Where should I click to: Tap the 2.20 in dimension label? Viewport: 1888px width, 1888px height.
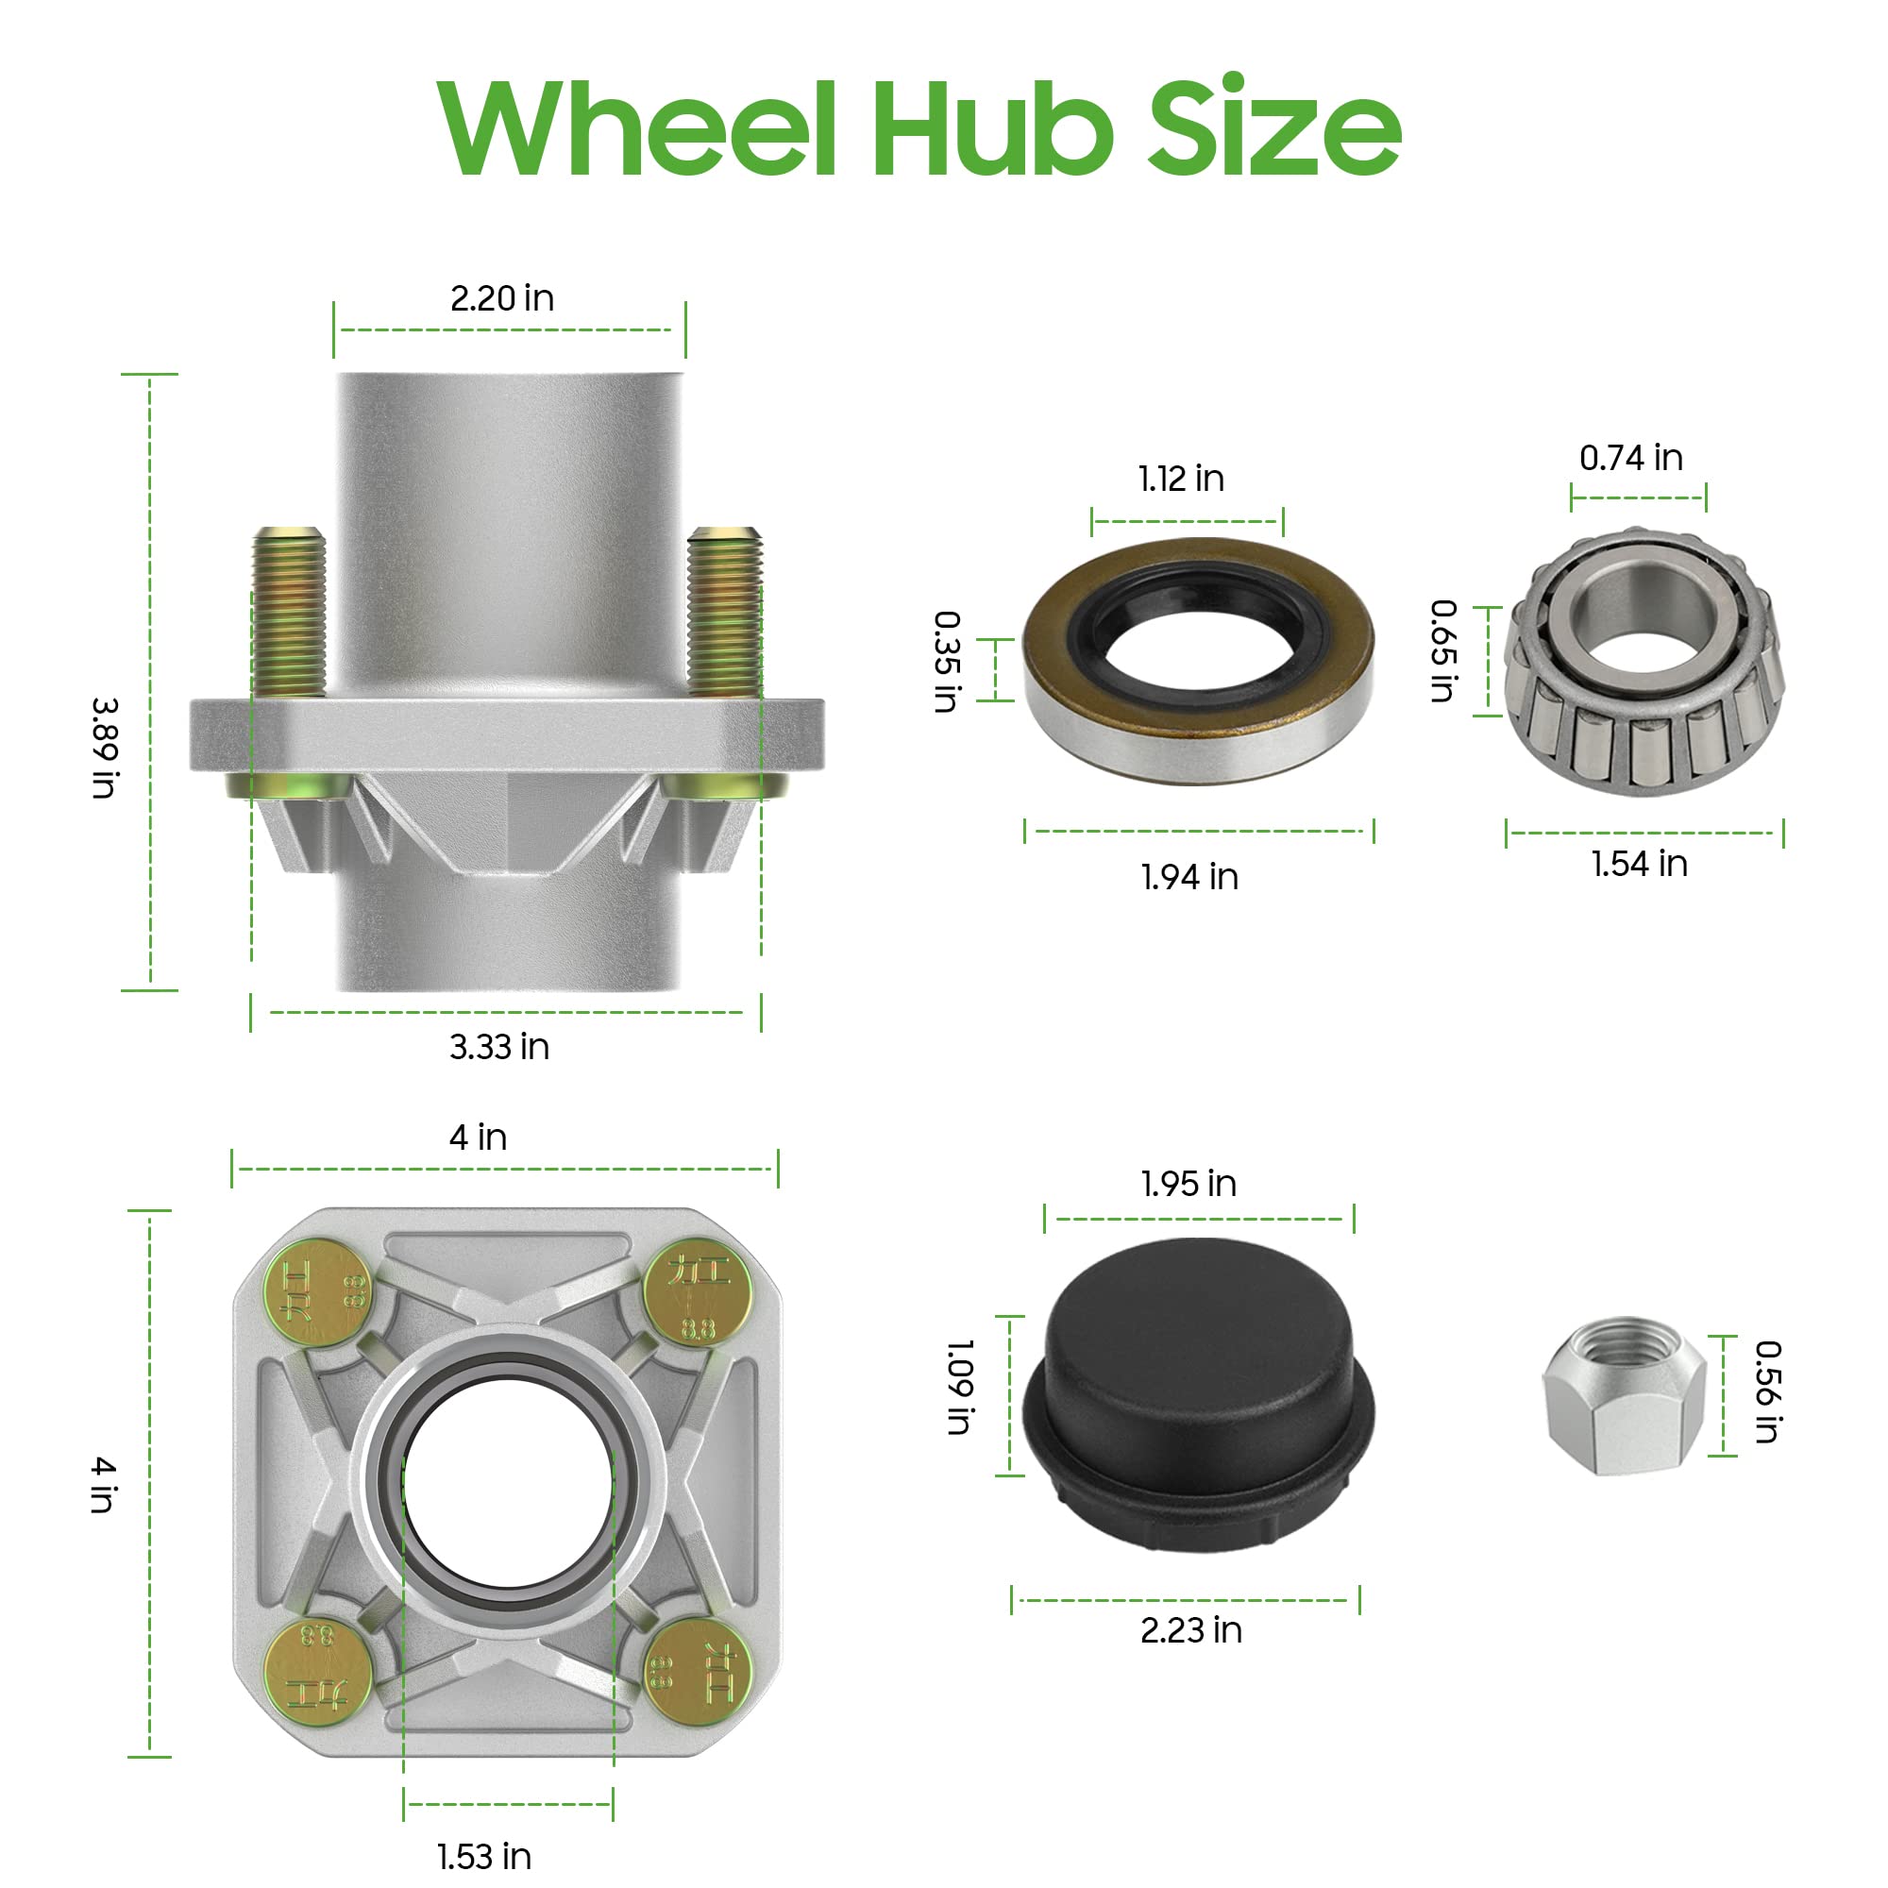[502, 298]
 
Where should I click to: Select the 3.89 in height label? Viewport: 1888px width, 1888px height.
[105, 748]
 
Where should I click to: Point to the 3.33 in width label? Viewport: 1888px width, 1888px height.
[499, 1048]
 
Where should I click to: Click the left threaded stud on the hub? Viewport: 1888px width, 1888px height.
[288, 612]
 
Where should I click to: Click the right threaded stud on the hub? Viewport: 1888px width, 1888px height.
[724, 612]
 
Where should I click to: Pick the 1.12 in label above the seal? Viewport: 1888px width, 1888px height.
[1181, 479]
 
